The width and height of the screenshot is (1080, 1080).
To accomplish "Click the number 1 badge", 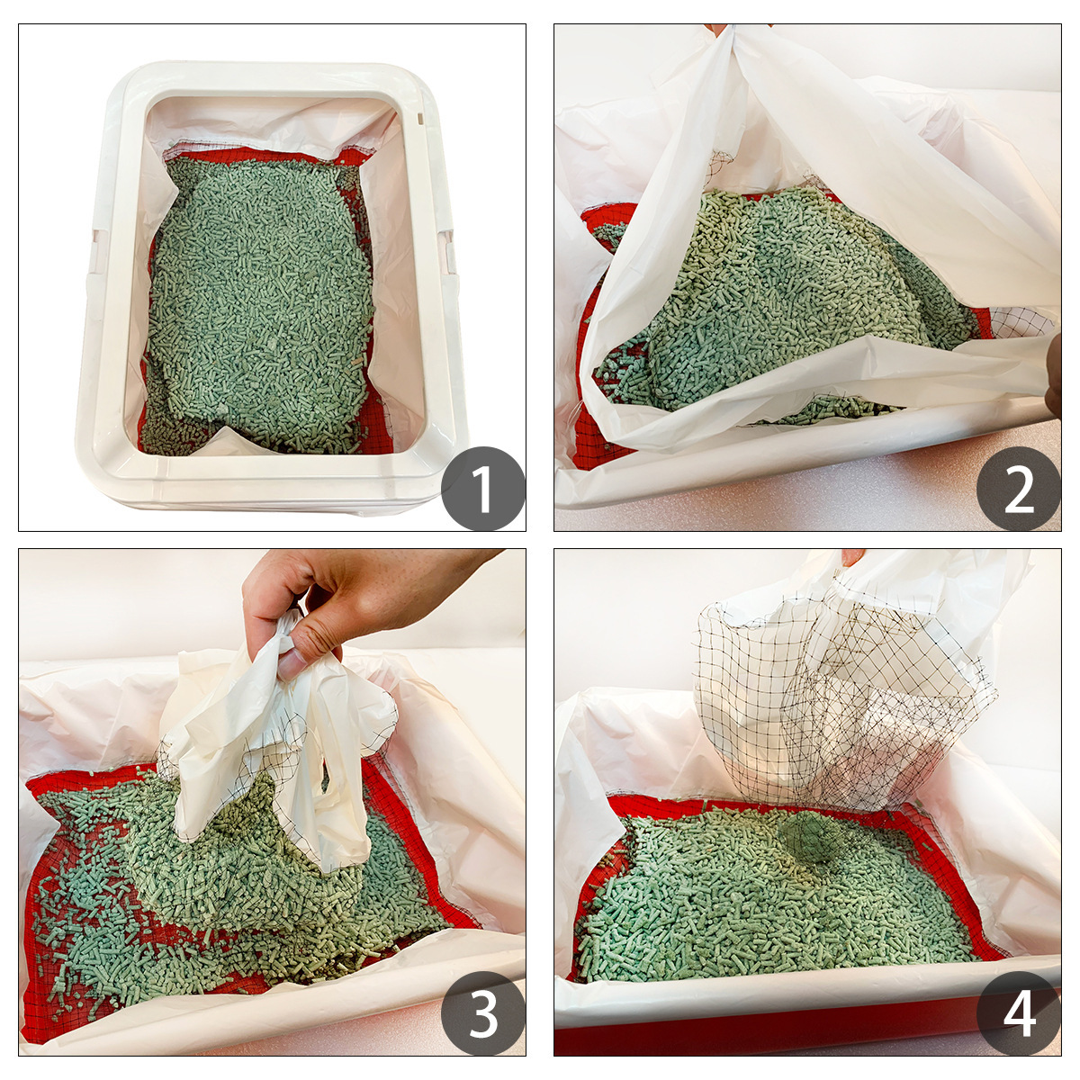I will coord(482,489).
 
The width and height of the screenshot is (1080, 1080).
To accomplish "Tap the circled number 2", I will coord(1018,489).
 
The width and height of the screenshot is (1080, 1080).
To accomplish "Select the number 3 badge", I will coord(482,1013).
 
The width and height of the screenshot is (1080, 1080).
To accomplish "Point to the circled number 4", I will coord(1018,1013).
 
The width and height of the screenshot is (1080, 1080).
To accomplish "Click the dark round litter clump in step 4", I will coord(811,838).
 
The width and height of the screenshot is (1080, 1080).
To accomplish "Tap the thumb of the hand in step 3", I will coord(306,646).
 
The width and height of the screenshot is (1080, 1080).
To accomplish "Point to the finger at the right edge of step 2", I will coord(1054,378).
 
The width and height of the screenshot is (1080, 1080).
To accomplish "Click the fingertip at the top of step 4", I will coord(851,556).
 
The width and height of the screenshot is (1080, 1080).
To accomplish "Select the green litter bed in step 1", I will coord(261,297).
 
